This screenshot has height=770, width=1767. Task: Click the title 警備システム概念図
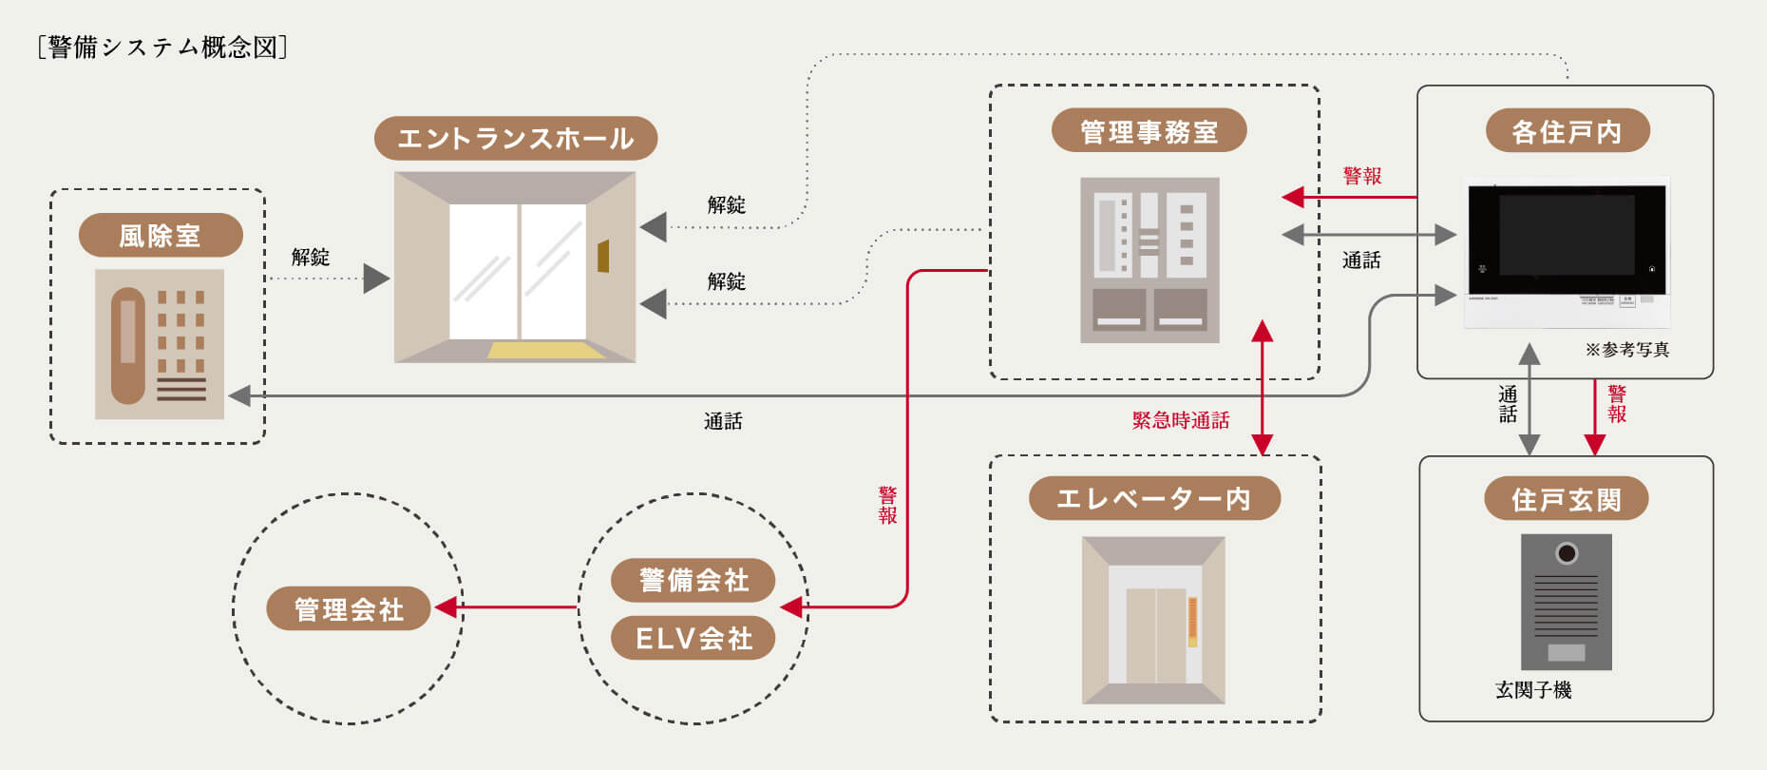click(162, 48)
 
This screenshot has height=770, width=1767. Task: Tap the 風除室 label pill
click(161, 235)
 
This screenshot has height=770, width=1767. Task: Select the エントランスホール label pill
click(515, 139)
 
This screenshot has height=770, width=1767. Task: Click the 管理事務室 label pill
click(1149, 131)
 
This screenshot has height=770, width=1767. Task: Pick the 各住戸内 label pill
click(1567, 131)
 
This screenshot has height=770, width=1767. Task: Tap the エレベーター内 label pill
click(1154, 498)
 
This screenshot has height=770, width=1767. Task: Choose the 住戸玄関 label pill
click(1566, 498)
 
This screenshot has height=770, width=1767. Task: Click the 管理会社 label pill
click(349, 608)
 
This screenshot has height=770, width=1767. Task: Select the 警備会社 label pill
click(693, 580)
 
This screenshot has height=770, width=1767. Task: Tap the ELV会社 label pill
click(693, 638)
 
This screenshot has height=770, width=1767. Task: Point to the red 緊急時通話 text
click(1181, 420)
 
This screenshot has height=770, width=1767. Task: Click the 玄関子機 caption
click(1533, 690)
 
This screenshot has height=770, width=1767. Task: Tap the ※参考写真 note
click(1626, 350)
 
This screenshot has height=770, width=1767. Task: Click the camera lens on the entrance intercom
click(1567, 553)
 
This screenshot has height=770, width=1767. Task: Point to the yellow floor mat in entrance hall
click(546, 350)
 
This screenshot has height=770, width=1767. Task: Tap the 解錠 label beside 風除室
click(311, 257)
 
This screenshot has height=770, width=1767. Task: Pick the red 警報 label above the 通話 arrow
click(1361, 176)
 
